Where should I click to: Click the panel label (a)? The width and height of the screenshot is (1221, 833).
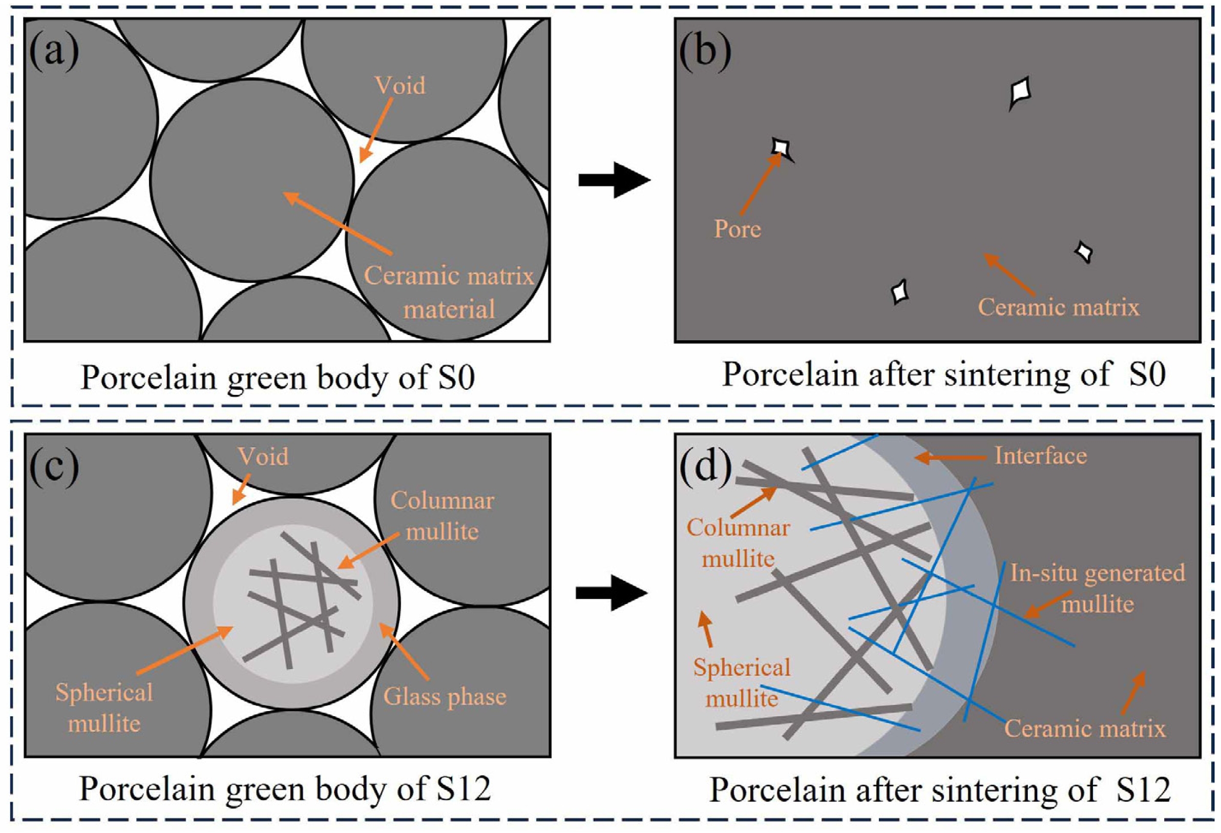pyautogui.click(x=54, y=52)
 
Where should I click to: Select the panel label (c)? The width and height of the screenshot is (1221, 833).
pyautogui.click(x=54, y=466)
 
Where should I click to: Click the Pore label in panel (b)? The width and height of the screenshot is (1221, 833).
pyautogui.click(x=737, y=229)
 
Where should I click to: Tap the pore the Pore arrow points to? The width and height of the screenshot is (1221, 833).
pyautogui.click(x=781, y=147)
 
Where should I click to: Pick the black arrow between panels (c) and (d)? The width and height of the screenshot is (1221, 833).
pyautogui.click(x=611, y=593)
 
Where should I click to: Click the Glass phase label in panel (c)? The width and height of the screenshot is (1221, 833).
pyautogui.click(x=445, y=697)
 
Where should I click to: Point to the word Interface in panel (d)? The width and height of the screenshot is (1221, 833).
pyautogui.click(x=1041, y=455)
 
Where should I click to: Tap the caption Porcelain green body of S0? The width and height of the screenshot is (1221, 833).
pyautogui.click(x=278, y=378)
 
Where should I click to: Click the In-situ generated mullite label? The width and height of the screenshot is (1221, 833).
pyautogui.click(x=1098, y=589)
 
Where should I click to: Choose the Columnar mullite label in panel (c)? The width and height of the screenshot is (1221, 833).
pyautogui.click(x=443, y=516)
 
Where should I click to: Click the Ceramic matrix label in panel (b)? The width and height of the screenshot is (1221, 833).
pyautogui.click(x=1059, y=307)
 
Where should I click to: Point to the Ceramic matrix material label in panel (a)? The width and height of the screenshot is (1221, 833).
pyautogui.click(x=449, y=292)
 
